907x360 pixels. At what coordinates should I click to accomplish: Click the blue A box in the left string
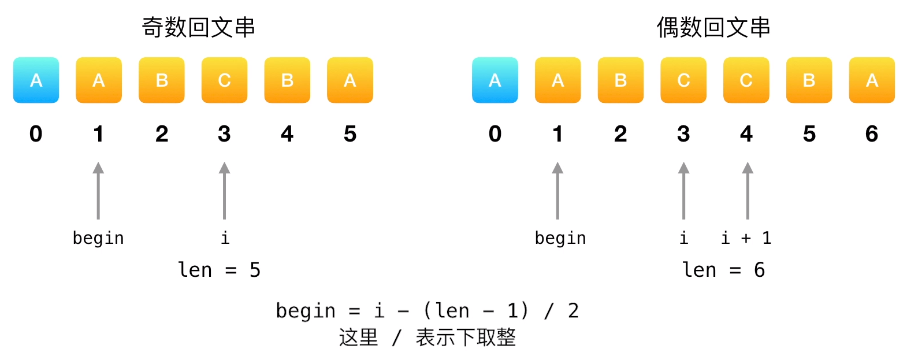(36, 80)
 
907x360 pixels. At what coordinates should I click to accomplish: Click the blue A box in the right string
(495, 80)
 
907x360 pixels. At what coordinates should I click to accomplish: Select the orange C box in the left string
(224, 80)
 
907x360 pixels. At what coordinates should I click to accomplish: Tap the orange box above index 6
(871, 80)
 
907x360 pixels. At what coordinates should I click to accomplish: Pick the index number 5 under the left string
(350, 134)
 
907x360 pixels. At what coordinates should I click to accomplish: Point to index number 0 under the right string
(495, 134)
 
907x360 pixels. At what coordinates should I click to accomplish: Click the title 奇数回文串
(198, 27)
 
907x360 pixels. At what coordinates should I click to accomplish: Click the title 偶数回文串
(713, 27)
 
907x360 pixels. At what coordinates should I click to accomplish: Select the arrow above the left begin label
(98, 191)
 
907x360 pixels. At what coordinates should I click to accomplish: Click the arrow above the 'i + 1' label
(747, 191)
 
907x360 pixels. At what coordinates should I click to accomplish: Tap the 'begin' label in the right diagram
(560, 238)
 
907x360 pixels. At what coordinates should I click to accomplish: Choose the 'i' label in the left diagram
(225, 238)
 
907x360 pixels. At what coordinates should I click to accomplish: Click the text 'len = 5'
(219, 270)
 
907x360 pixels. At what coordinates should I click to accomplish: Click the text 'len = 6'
(723, 270)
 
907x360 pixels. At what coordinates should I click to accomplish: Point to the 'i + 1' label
(746, 238)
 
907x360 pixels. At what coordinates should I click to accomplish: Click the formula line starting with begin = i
(427, 311)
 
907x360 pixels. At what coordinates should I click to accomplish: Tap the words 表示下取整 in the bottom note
(466, 337)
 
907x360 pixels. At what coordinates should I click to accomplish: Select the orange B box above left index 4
(287, 80)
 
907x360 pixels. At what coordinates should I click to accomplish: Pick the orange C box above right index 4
(746, 80)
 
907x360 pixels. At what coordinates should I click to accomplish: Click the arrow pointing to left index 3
(224, 191)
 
